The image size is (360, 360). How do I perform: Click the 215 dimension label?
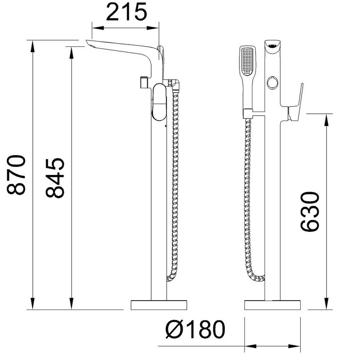pos(126,12)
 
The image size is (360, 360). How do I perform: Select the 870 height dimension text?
pos(16,175)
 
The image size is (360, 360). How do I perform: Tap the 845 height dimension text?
pos(54,178)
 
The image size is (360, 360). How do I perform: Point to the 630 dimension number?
pos(310,211)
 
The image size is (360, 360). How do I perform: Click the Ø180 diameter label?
pos(195,329)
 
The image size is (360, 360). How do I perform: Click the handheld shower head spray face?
pos(247,61)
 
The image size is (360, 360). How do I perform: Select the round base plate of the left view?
pos(159,305)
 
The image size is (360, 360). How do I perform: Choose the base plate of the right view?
pos(272,305)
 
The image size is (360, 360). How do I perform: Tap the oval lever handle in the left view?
pos(159,102)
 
